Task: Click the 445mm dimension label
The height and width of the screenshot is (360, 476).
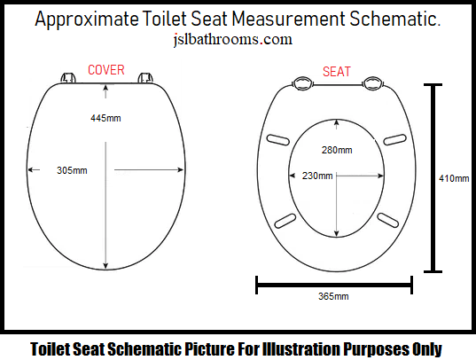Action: tap(105, 118)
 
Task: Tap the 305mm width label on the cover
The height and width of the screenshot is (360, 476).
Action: tap(72, 170)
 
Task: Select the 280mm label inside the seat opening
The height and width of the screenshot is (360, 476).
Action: tap(337, 150)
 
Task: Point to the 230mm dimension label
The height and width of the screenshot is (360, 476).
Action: tap(317, 176)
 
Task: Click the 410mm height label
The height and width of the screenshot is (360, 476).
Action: tap(454, 178)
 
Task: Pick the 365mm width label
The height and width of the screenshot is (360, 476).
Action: tap(333, 296)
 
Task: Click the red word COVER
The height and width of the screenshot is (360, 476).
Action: tap(106, 70)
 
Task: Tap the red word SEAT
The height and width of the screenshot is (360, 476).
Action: tap(337, 72)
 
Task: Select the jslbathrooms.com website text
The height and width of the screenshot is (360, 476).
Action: tap(233, 40)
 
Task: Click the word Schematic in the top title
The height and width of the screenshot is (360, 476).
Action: tap(394, 19)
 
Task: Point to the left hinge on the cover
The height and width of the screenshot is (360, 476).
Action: tap(68, 77)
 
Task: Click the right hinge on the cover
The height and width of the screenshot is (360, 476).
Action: tap(145, 77)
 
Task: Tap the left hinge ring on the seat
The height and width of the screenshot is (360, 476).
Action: tap(302, 83)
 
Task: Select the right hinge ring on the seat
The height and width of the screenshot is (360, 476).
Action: tap(373, 83)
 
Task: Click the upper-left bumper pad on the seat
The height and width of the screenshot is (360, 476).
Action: tap(277, 139)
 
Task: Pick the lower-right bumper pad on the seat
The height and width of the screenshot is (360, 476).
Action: tap(388, 220)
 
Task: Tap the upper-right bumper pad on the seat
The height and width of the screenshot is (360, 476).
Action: tap(395, 139)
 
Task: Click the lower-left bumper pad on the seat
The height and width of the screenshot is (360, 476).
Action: tap(285, 221)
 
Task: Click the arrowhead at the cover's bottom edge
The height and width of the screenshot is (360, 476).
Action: tap(105, 265)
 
